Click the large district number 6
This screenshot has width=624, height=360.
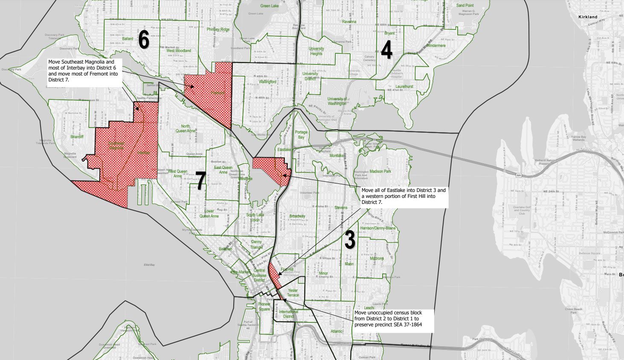click(x=144, y=41)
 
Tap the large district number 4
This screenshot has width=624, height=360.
click(x=386, y=50)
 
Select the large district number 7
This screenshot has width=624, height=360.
click(x=200, y=180)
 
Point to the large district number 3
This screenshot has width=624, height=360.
click(x=350, y=240)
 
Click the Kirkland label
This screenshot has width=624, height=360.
click(x=588, y=17)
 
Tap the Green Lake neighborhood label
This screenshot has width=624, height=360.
click(x=269, y=6)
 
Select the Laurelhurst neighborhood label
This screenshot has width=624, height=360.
click(x=404, y=86)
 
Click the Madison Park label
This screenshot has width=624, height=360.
click(x=380, y=171)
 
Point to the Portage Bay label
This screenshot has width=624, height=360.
click(x=301, y=135)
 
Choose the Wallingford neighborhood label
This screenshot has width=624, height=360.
click(x=267, y=81)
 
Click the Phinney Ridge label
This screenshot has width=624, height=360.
click(x=218, y=29)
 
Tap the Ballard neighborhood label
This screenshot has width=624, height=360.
click(x=128, y=39)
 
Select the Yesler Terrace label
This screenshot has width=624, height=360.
click(x=293, y=293)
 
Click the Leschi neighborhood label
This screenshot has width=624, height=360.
click(x=369, y=308)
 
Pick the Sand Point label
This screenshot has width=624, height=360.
click(x=465, y=6)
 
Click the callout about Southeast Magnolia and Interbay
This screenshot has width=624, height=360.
click(x=84, y=71)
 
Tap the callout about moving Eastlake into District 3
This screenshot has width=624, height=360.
click(x=403, y=196)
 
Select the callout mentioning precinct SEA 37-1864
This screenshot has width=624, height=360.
click(x=393, y=319)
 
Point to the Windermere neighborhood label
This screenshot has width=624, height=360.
click(x=435, y=46)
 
